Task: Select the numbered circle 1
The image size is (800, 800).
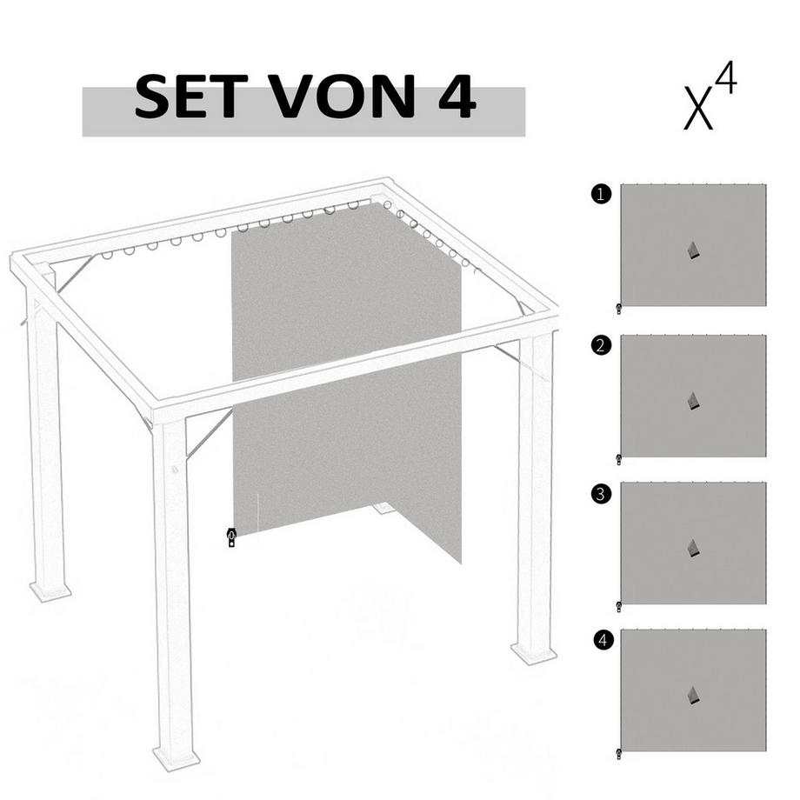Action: tap(600, 195)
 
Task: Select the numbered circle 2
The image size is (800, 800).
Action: tap(600, 345)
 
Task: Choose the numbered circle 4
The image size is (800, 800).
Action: tap(600, 641)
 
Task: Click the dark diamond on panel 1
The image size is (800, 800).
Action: tap(692, 251)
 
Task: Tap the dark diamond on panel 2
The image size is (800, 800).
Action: tap(692, 401)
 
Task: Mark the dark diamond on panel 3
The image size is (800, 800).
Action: tap(692, 549)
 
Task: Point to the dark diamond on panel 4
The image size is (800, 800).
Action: tap(692, 696)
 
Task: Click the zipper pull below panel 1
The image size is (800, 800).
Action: tap(618, 309)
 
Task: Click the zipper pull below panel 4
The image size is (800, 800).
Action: tap(618, 753)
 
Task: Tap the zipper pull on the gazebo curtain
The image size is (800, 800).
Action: tap(231, 537)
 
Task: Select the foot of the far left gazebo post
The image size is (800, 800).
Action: tap(50, 590)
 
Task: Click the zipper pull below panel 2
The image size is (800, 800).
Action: tap(618, 459)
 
